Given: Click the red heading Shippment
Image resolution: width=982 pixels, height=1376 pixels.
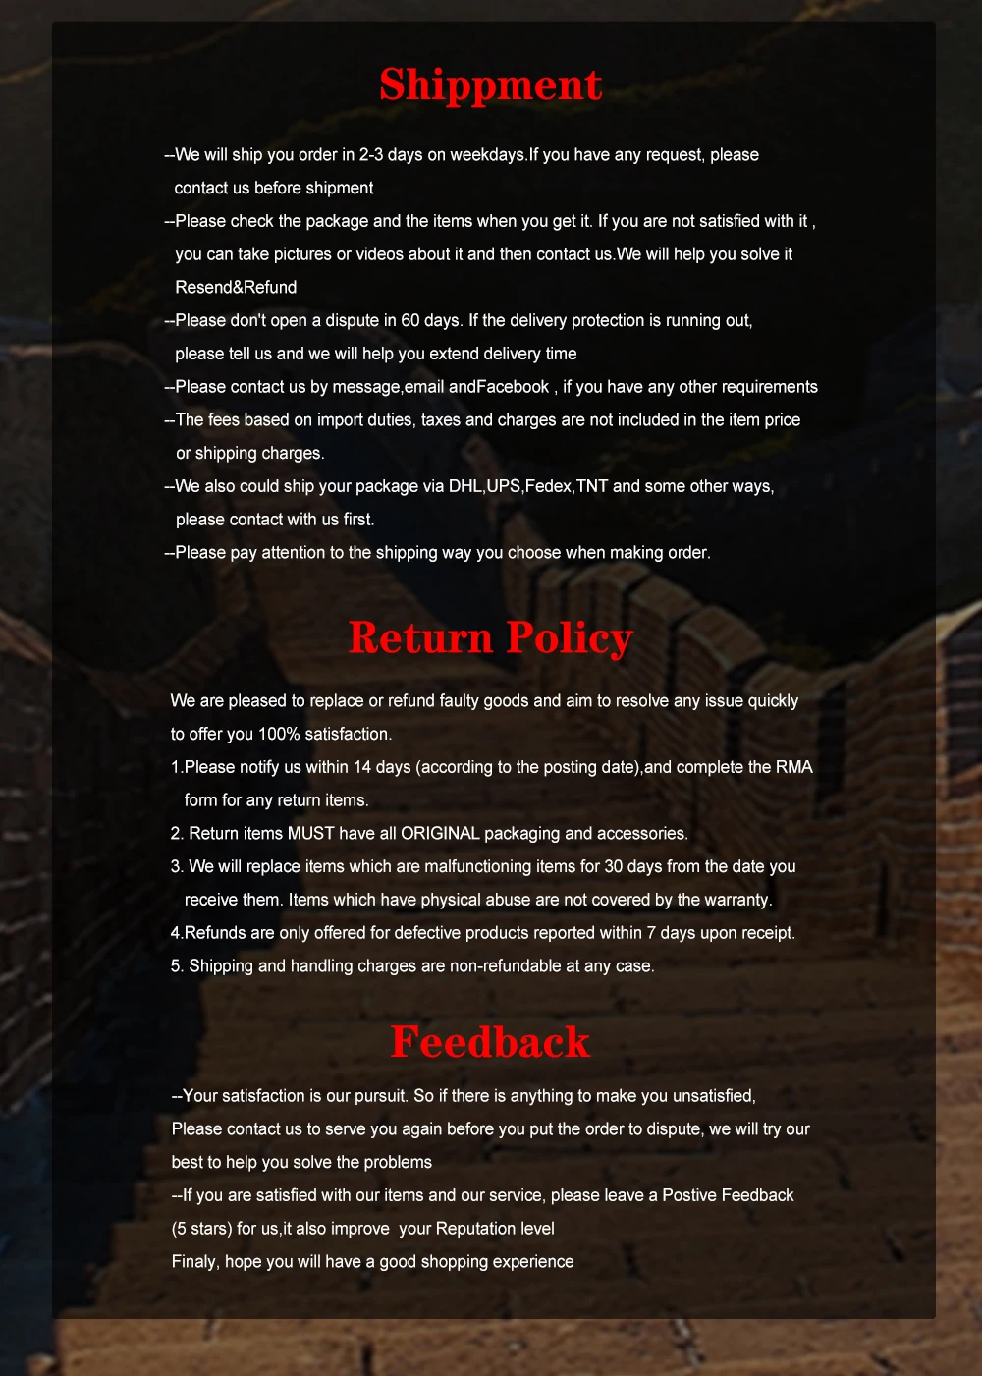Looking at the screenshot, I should click(490, 85).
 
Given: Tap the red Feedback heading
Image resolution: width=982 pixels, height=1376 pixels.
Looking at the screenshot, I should click(490, 1042).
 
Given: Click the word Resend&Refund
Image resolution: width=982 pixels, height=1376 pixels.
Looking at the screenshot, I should click(236, 287).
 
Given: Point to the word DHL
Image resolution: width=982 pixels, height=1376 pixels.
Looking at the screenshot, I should click(465, 486).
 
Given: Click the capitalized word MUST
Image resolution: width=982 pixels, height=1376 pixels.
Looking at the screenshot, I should click(310, 833).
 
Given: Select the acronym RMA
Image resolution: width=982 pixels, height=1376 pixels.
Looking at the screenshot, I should click(793, 767).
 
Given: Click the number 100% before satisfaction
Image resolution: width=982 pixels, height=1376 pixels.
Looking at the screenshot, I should click(279, 734).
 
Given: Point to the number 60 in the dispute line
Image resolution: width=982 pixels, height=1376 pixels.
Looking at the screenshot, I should click(410, 320).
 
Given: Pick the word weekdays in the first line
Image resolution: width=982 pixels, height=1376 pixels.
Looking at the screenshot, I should click(487, 155).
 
